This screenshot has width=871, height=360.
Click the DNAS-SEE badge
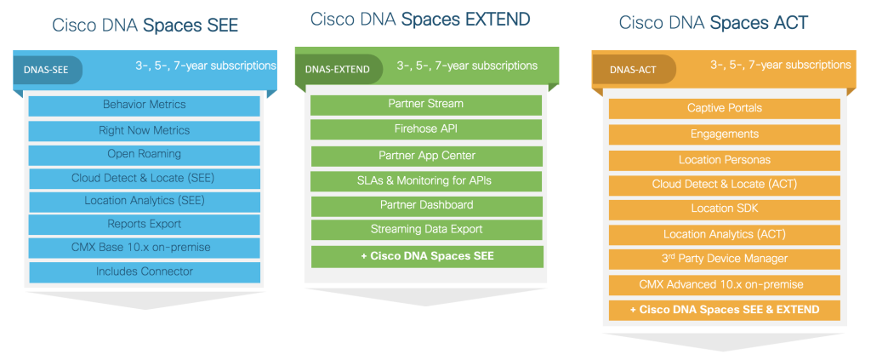(48, 71)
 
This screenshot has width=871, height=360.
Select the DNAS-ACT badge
(634, 70)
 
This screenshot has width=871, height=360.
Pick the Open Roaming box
(145, 154)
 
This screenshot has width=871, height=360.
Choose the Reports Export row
(145, 225)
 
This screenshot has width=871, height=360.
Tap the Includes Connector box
(145, 272)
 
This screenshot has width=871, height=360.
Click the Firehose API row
(426, 129)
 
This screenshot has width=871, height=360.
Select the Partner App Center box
(427, 156)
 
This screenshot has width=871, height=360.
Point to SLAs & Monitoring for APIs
(426, 181)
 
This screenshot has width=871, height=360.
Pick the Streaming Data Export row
(427, 230)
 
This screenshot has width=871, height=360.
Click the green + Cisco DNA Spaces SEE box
(427, 257)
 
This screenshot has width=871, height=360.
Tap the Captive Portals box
(725, 108)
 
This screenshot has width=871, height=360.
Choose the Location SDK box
(725, 209)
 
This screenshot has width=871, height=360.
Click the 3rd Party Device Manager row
(725, 259)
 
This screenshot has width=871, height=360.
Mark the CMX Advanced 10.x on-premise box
(725, 285)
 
